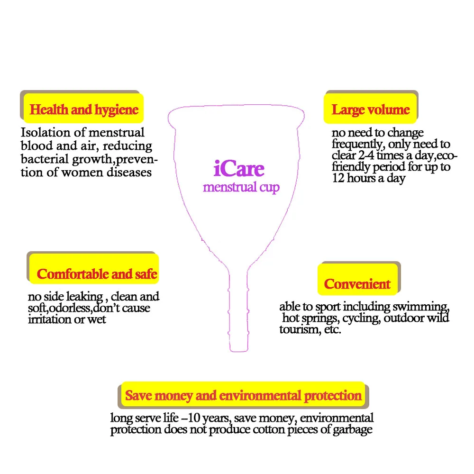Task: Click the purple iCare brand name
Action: [x=238, y=169]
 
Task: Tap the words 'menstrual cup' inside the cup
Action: [x=241, y=187]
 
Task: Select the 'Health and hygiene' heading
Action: [x=84, y=110]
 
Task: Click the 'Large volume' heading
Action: [x=370, y=110]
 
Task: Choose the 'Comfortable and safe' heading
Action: [x=97, y=274]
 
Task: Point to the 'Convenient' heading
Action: [x=357, y=284]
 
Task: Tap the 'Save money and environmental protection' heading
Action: [x=243, y=395]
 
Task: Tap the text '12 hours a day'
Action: [x=368, y=178]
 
